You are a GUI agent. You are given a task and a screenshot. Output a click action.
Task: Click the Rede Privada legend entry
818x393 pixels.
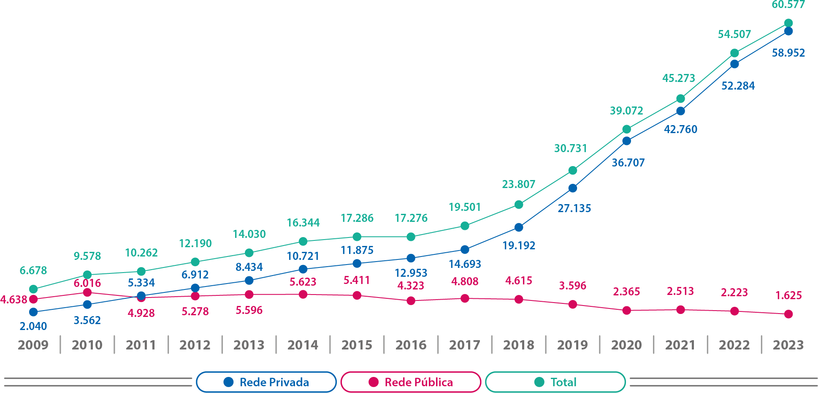266,382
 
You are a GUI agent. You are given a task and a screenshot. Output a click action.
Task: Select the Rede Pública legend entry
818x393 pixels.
411,382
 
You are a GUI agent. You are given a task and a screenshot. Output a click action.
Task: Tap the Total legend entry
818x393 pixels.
555,382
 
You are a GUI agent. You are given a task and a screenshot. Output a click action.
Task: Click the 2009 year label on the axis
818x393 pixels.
33,345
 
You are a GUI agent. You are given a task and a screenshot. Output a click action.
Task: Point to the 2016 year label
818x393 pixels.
411,345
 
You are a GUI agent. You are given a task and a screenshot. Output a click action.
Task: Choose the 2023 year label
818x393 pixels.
788,345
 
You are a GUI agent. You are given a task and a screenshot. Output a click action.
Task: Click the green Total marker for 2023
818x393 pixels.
788,23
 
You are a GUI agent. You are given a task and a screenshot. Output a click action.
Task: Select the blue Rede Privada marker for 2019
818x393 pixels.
572,188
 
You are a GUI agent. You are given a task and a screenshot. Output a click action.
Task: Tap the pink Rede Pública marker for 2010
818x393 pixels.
87,292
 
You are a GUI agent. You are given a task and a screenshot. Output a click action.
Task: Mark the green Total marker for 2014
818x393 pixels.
303,241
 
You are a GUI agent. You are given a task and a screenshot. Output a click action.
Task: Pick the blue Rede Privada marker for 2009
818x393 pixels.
33,312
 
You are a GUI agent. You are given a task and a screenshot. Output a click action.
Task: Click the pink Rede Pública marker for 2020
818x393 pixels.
626,310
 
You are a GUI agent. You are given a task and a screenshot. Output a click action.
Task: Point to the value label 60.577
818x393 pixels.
788,5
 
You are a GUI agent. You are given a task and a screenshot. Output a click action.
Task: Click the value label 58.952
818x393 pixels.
788,53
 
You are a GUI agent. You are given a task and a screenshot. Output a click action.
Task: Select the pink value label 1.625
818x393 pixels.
788,295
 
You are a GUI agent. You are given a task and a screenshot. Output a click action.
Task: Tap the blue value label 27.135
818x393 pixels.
574,208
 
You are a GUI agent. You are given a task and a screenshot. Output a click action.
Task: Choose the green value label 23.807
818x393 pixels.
518,184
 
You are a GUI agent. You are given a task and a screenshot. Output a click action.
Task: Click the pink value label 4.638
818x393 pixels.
14,300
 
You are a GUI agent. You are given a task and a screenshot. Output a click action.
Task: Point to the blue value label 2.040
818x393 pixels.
33,326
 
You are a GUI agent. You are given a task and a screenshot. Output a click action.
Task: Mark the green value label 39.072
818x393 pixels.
626,111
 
